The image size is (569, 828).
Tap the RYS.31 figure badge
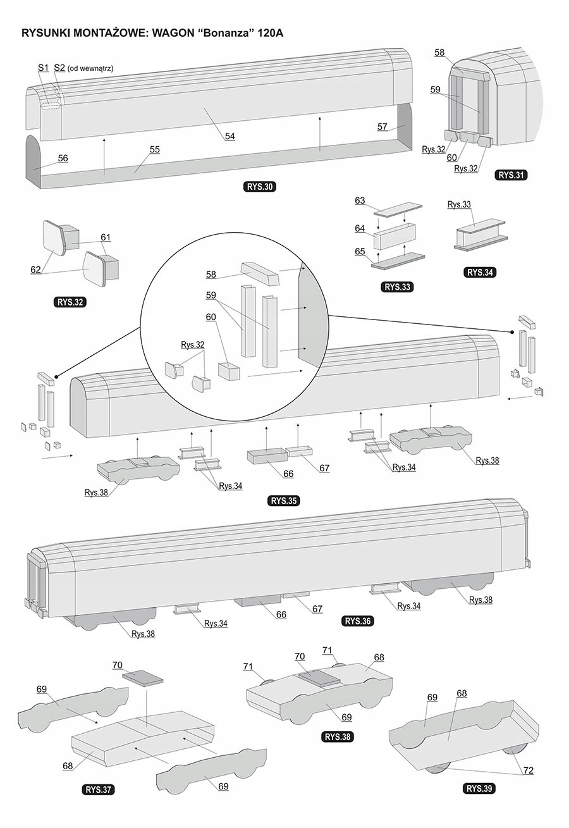point(511,175)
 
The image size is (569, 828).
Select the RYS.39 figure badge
point(480,788)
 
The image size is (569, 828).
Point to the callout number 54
point(229,136)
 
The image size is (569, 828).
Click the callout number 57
point(382,127)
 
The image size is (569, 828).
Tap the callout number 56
point(63,158)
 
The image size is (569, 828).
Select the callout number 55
point(154,149)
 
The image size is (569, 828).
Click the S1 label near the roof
point(43,68)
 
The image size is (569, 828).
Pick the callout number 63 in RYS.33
point(360,201)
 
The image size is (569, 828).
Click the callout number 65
point(360,251)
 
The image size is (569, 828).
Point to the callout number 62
point(36,269)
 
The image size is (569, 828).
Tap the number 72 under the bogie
point(528,770)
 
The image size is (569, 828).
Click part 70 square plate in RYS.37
point(142,678)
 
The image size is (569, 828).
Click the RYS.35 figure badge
point(284,501)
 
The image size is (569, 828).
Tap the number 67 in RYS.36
point(317,609)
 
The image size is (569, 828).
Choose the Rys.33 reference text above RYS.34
point(459,204)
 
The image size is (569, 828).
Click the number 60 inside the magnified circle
point(211,316)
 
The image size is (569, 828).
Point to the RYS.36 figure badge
point(358,621)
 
